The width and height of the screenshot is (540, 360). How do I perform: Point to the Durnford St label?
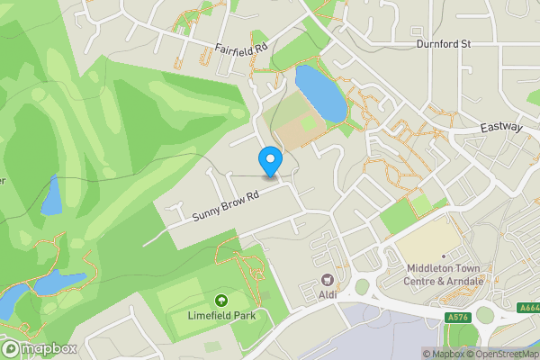pos(444,43)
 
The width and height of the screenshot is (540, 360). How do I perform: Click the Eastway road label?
pos(502,128)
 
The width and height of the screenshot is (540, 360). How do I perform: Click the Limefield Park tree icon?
pos(220,300)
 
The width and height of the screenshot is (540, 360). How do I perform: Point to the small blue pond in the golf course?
pos(51,193)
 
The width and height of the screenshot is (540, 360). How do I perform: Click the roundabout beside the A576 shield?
pos(487,316)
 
